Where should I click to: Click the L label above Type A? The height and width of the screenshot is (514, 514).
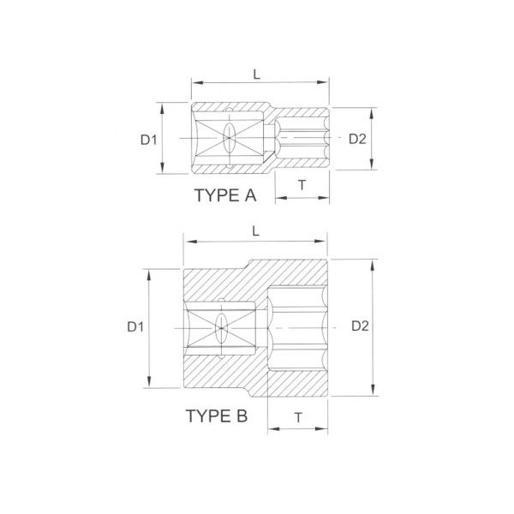pyautogui.click(x=257, y=75)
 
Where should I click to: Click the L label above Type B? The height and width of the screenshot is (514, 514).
pyautogui.click(x=255, y=231)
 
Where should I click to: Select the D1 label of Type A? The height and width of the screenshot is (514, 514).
pyautogui.click(x=149, y=140)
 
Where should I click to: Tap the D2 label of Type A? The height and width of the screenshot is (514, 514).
pyautogui.click(x=357, y=139)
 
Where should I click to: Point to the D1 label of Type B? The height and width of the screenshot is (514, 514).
pyautogui.click(x=135, y=326)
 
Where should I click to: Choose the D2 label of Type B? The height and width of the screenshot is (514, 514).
pyautogui.click(x=360, y=326)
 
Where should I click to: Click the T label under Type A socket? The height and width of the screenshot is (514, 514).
pyautogui.click(x=302, y=185)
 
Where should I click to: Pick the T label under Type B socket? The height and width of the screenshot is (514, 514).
pyautogui.click(x=298, y=418)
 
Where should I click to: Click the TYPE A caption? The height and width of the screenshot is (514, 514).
pyautogui.click(x=225, y=195)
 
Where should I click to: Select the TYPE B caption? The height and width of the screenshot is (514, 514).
pyautogui.click(x=217, y=415)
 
